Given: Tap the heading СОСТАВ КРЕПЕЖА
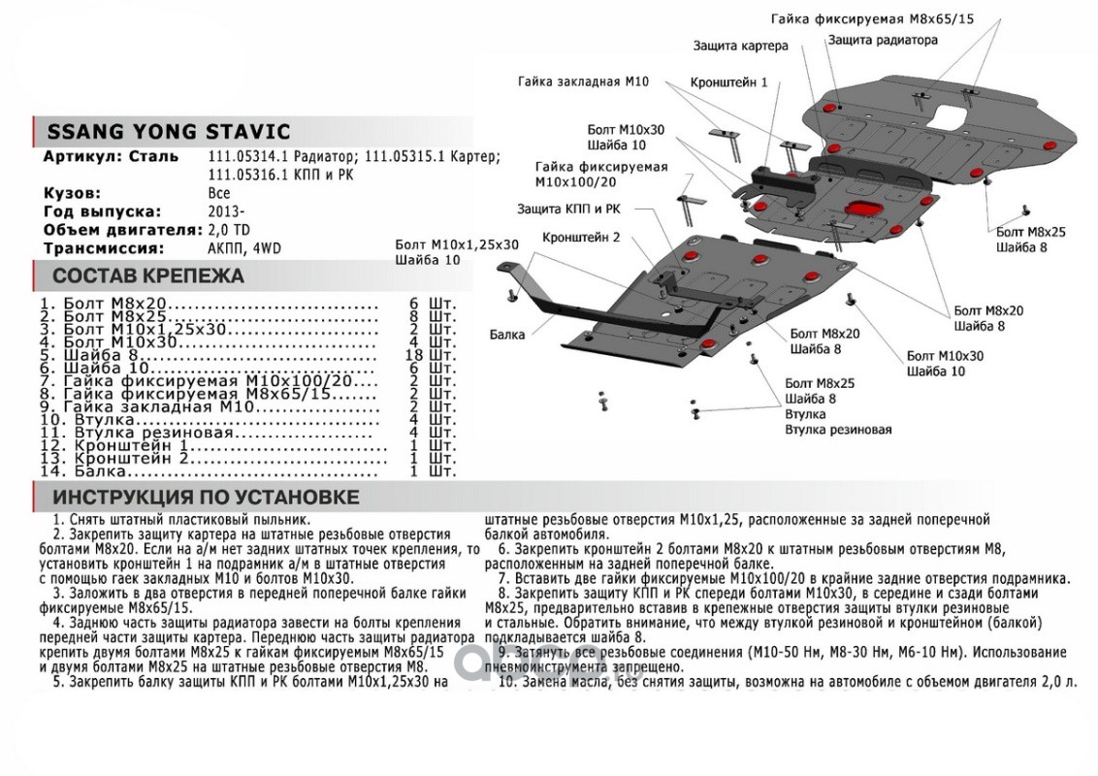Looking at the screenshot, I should click(147, 276).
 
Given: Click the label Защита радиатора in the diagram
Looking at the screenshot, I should click(883, 41).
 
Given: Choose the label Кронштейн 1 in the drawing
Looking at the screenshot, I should click(728, 83).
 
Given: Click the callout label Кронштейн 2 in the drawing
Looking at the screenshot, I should click(581, 236).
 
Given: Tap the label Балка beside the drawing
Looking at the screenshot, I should click(507, 335).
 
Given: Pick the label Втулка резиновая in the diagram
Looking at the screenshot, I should click(838, 430).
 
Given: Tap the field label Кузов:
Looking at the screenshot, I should click(71, 194).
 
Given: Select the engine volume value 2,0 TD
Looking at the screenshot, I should click(229, 230).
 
